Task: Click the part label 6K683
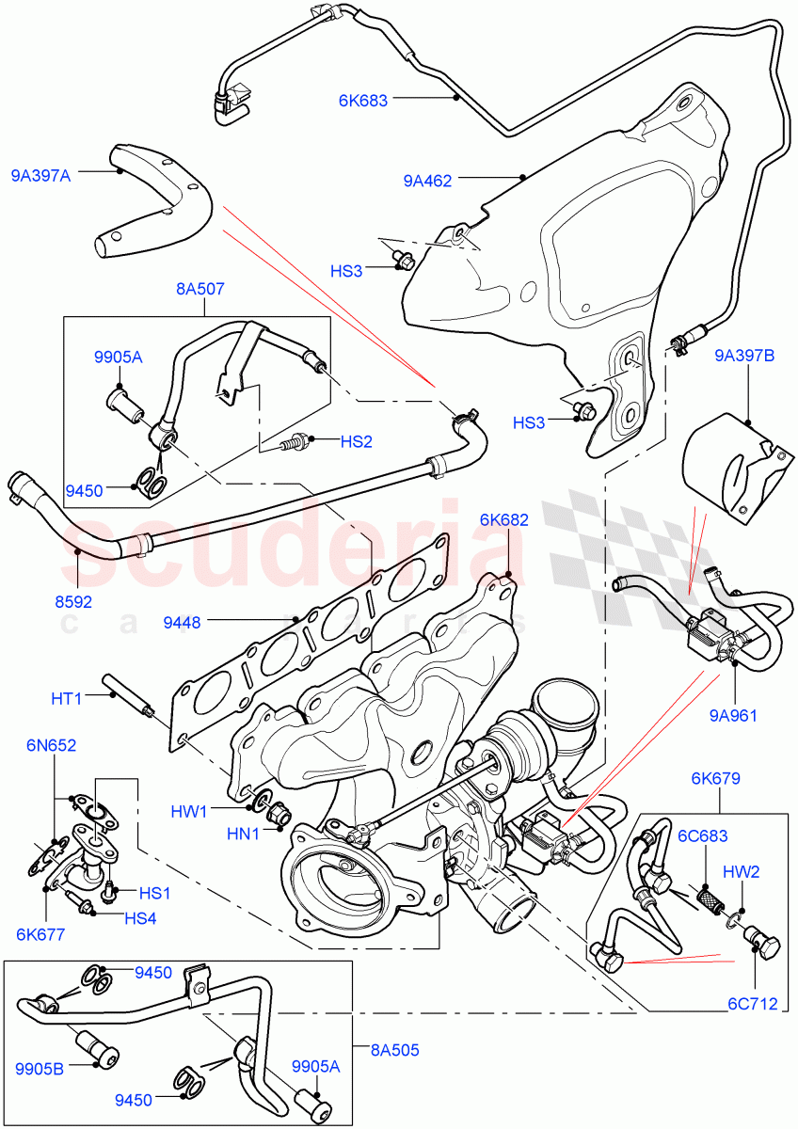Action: coord(363,100)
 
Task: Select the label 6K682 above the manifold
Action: coord(503,518)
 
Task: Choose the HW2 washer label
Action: coord(742,871)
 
